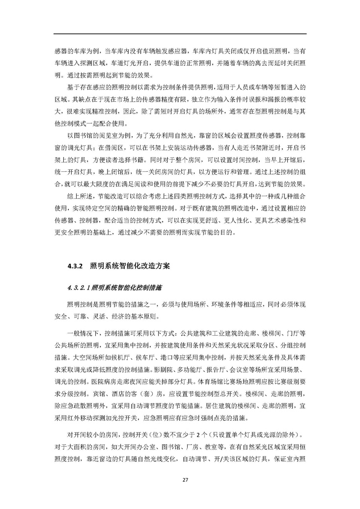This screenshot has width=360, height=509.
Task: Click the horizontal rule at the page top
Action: (180, 34)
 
